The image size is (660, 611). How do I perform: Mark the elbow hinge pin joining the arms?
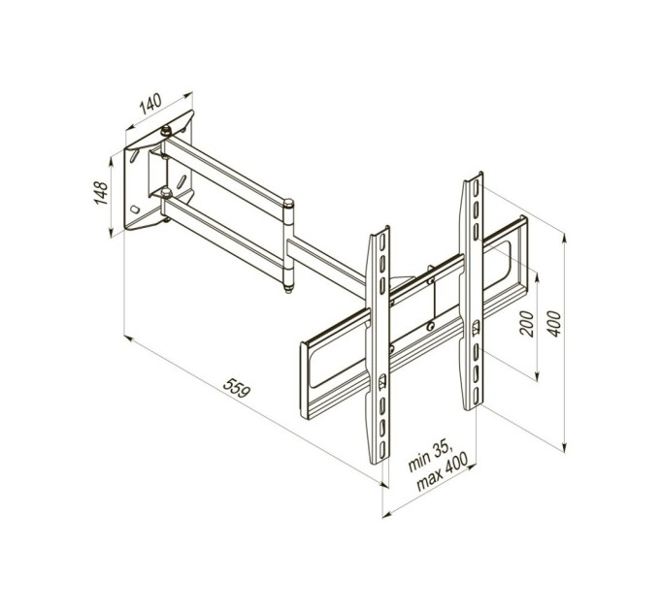(289, 244)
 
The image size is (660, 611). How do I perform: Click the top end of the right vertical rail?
(473, 180)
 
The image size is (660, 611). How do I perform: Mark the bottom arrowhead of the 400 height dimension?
(566, 448)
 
